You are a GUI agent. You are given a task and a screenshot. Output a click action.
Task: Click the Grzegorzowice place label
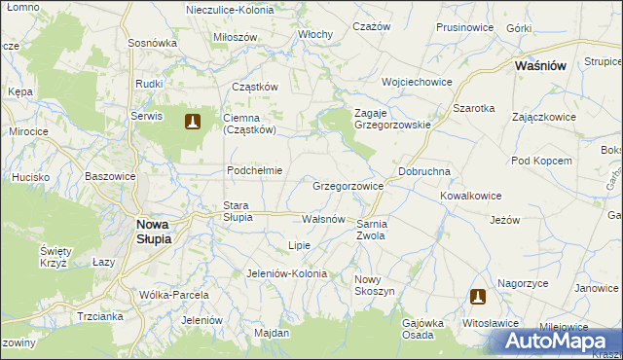coord(348,185)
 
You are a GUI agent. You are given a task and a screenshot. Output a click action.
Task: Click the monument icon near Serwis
coord(193,122)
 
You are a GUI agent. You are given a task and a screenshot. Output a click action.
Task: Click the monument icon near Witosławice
coord(478,297)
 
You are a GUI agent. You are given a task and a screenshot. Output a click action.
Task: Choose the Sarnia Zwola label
coord(373,230)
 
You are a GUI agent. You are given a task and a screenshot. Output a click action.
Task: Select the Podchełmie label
coord(254,170)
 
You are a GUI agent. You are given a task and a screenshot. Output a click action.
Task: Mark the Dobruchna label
coord(423,170)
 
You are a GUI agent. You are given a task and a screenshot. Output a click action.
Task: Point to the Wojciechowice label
coord(418,82)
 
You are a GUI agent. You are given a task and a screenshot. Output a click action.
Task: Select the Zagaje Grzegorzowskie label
coord(392,119)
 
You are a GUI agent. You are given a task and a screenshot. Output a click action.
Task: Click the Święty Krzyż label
coord(53,257)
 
